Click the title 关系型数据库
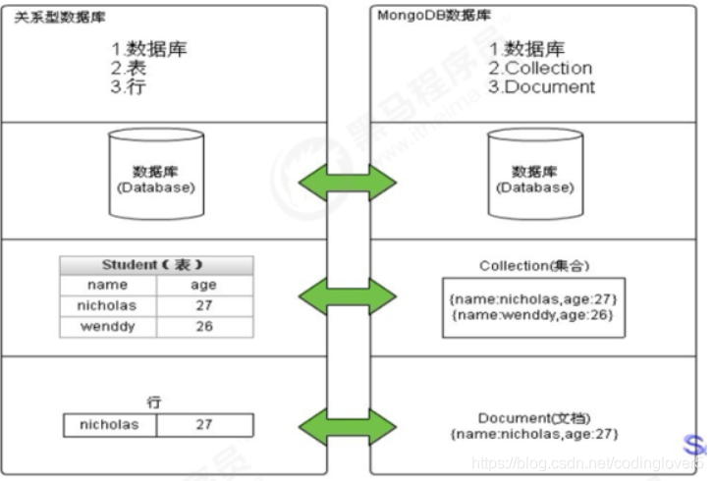pyautogui.click(x=52, y=17)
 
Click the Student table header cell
pyautogui.click(x=156, y=265)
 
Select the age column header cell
pyautogui.click(x=204, y=285)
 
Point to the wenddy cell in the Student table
pyautogui.click(x=107, y=326)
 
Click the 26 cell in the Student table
pyautogui.click(x=204, y=326)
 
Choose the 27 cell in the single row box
pyautogui.click(x=204, y=425)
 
